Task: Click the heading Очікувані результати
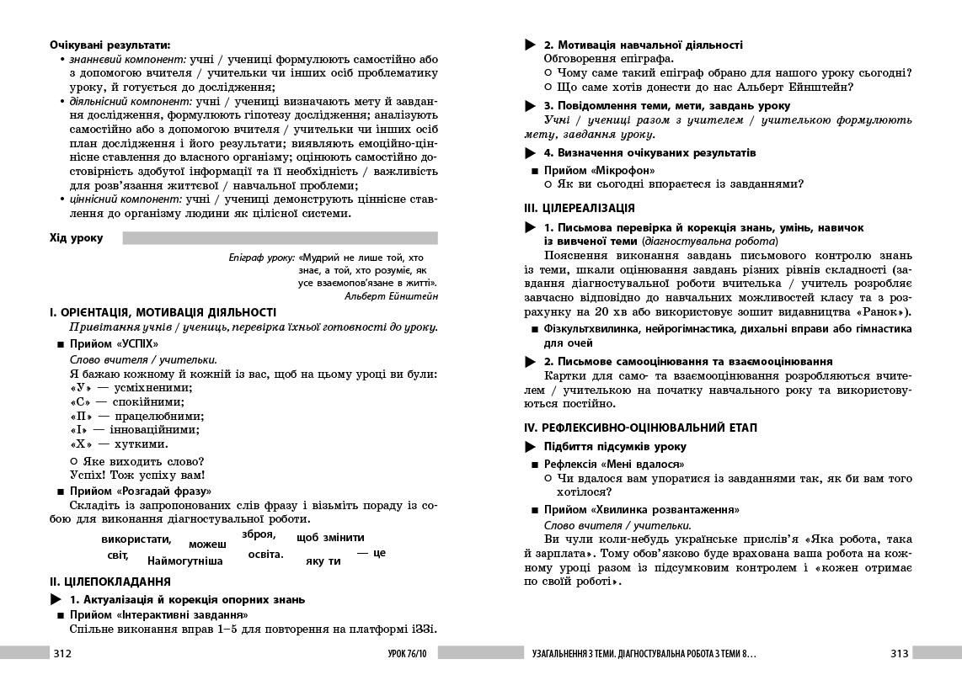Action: coord(110,44)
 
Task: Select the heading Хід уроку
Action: coord(77,238)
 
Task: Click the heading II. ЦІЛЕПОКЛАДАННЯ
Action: coord(110,582)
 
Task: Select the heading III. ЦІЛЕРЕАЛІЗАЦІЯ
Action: coord(580,208)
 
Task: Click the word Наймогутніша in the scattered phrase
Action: coord(184,561)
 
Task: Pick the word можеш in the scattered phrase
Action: coord(207,545)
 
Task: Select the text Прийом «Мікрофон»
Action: coord(599,170)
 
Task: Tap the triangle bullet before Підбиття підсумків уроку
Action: coord(530,447)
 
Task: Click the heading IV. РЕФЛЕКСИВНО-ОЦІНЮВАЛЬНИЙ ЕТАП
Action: coord(640,428)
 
